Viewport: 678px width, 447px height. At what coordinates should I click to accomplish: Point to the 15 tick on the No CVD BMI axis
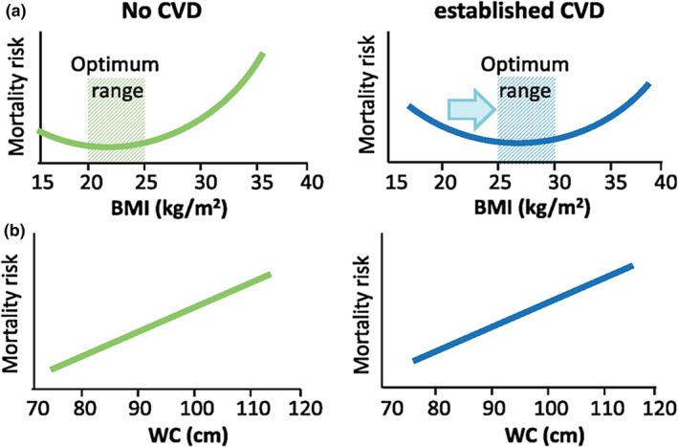41,181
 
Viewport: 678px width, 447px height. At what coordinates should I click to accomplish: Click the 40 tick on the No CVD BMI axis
307,181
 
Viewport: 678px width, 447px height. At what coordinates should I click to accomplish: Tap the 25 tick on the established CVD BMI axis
496,181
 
